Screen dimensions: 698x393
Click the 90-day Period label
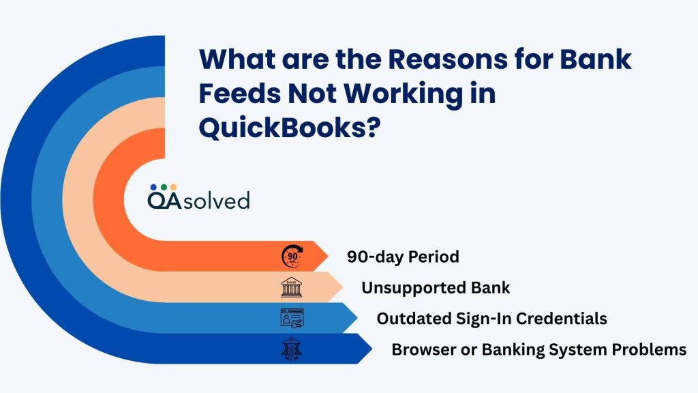[x=403, y=257]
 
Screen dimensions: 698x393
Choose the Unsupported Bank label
[x=436, y=287]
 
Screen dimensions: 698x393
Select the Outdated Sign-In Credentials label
[x=491, y=319]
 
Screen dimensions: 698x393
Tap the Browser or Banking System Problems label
[x=538, y=349]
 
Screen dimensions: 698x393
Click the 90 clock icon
[x=292, y=257]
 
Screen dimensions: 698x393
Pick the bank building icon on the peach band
[x=292, y=287]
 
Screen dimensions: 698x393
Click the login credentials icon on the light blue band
[x=292, y=318]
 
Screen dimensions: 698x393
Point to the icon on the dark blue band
[x=292, y=349]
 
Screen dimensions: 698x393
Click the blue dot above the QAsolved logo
[x=153, y=187]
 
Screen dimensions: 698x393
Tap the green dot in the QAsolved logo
[x=164, y=187]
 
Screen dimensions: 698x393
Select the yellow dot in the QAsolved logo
[x=174, y=187]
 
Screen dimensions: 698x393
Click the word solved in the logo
[x=216, y=200]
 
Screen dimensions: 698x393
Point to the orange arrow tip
[x=328, y=257]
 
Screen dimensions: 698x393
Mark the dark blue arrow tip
[x=372, y=349]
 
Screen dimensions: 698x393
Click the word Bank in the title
[x=596, y=59]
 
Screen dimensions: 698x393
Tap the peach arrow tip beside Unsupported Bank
[x=343, y=287]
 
